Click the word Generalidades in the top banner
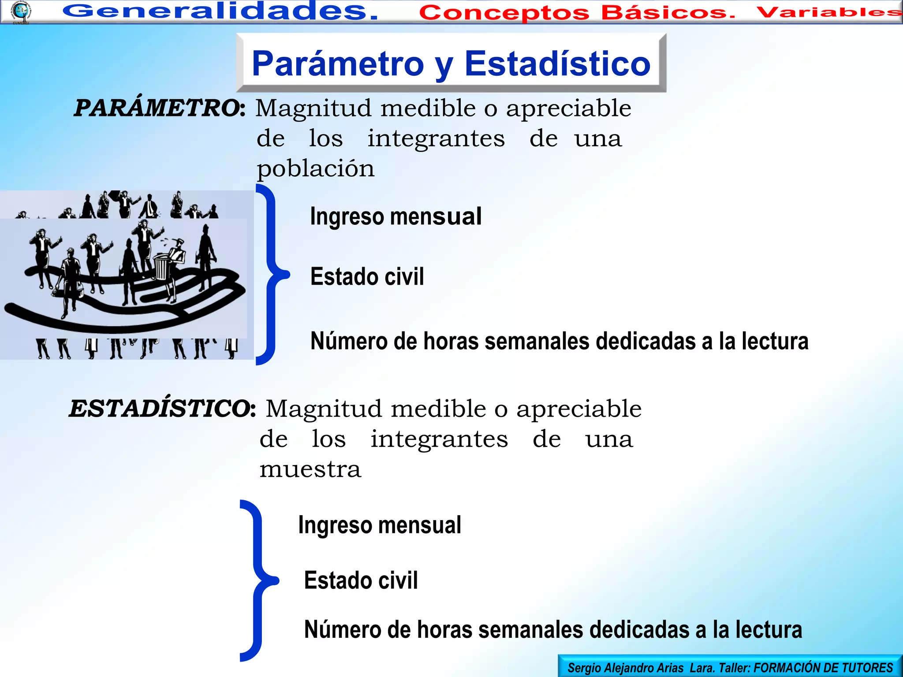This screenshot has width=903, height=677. coord(220,11)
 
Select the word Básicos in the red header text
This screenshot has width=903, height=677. coord(668,13)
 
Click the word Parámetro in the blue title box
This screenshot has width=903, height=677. coord(338,64)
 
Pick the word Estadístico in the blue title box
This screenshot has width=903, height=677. coord(557,64)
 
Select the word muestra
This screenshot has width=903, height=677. coord(310,469)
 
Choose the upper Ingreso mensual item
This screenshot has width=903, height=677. coord(396,216)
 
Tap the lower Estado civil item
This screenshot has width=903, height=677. coord(361,580)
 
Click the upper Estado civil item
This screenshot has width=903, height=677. coord(367,277)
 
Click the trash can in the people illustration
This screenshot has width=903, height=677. coord(161,267)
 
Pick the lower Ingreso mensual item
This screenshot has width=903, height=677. coord(379,525)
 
